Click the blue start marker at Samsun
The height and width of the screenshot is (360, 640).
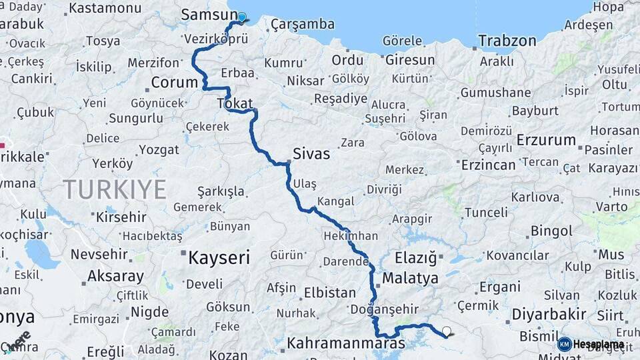coord(242,18)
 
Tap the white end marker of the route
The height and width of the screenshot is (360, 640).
coord(446,331)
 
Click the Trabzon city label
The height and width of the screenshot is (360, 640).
coord(507,41)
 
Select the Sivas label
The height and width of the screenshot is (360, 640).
coord(311,154)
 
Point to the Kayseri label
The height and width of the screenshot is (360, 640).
coord(219,257)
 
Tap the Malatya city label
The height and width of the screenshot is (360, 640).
coord(411,278)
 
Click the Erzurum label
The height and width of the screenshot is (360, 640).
coord(546,140)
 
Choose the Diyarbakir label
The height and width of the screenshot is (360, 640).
coord(549,314)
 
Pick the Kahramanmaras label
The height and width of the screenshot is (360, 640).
coord(346,344)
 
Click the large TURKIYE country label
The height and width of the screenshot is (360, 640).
coord(115,189)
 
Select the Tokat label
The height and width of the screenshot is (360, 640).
coord(235,104)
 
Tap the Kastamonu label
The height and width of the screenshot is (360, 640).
coord(105,9)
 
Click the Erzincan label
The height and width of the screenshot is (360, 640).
coord(489,165)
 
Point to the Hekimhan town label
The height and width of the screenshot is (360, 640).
coord(350,236)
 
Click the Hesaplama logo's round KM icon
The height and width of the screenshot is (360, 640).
coord(564,344)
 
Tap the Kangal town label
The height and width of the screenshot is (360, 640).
coord(336,201)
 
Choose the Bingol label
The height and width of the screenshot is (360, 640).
coord(551,231)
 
